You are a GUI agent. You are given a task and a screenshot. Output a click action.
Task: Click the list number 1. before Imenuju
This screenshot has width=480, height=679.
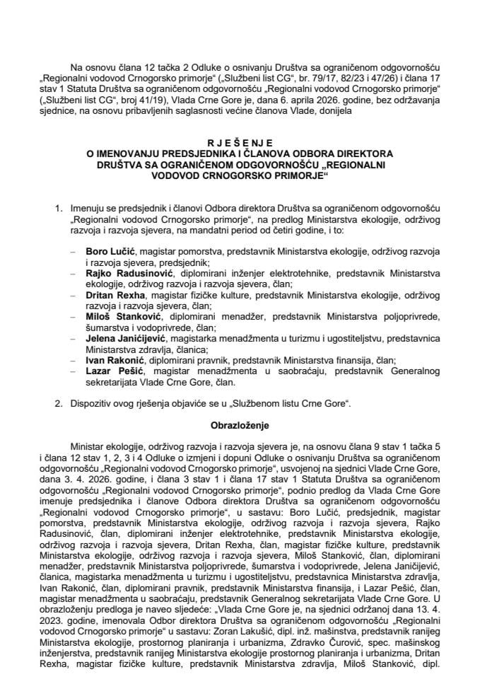pyautogui.click(x=59, y=209)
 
